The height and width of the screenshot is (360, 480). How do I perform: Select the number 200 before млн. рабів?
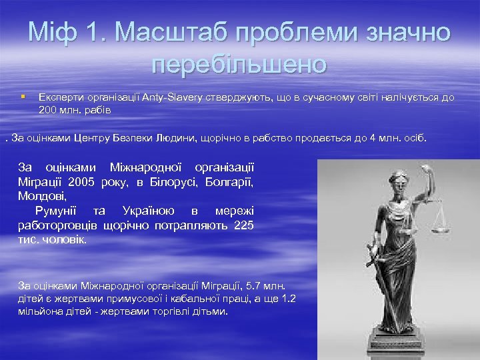pyautogui.click(x=47, y=109)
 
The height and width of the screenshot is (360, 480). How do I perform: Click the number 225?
pyautogui.click(x=244, y=225)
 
